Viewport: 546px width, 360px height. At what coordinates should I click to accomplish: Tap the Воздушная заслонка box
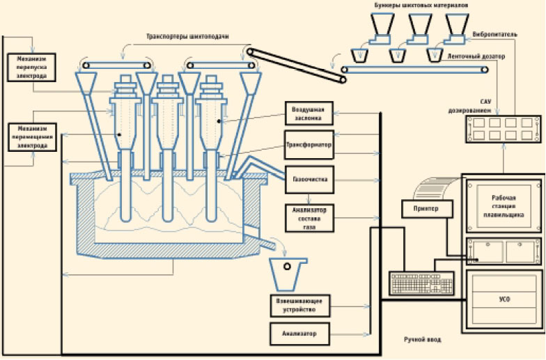click(x=309, y=113)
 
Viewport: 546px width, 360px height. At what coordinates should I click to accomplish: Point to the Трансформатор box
click(x=309, y=146)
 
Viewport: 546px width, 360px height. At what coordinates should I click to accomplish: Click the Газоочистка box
click(x=309, y=179)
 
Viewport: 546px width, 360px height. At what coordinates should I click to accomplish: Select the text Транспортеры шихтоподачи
click(x=185, y=35)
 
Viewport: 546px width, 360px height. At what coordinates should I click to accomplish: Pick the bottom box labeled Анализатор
click(x=299, y=334)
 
